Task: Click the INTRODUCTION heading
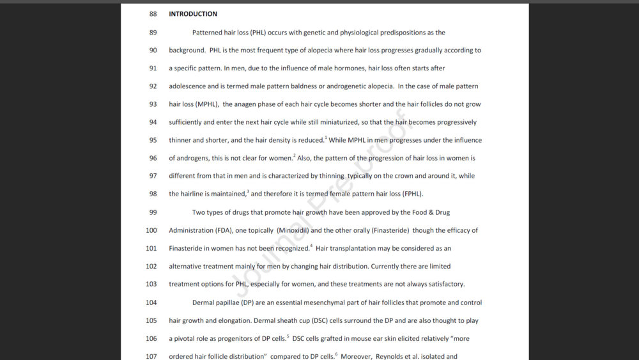192,14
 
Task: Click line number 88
153,14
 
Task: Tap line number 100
151,230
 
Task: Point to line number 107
151,356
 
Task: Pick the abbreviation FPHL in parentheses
412,194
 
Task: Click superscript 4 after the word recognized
311,246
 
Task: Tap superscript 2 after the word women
294,156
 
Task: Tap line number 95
153,140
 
